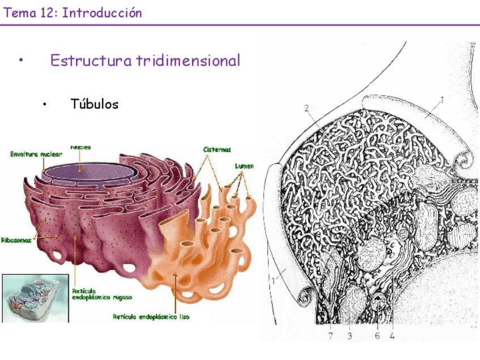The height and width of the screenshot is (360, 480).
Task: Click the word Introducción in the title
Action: point(102,12)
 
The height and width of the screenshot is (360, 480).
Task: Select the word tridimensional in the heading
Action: point(188,61)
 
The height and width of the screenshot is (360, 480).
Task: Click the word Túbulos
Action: point(95,104)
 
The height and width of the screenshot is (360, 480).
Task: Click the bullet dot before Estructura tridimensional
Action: point(20,61)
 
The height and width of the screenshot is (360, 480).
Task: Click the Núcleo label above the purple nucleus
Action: point(80,148)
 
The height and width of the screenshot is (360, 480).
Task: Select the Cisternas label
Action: point(218,149)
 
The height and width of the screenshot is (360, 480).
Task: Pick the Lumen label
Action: point(245,166)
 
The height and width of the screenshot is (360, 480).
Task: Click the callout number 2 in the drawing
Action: point(306,108)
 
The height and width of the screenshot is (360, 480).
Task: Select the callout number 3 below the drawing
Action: point(350,336)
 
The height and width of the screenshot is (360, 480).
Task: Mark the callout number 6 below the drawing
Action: point(377,336)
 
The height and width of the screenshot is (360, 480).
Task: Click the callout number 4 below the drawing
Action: point(392,336)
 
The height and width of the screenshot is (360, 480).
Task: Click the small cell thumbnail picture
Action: point(35,298)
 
